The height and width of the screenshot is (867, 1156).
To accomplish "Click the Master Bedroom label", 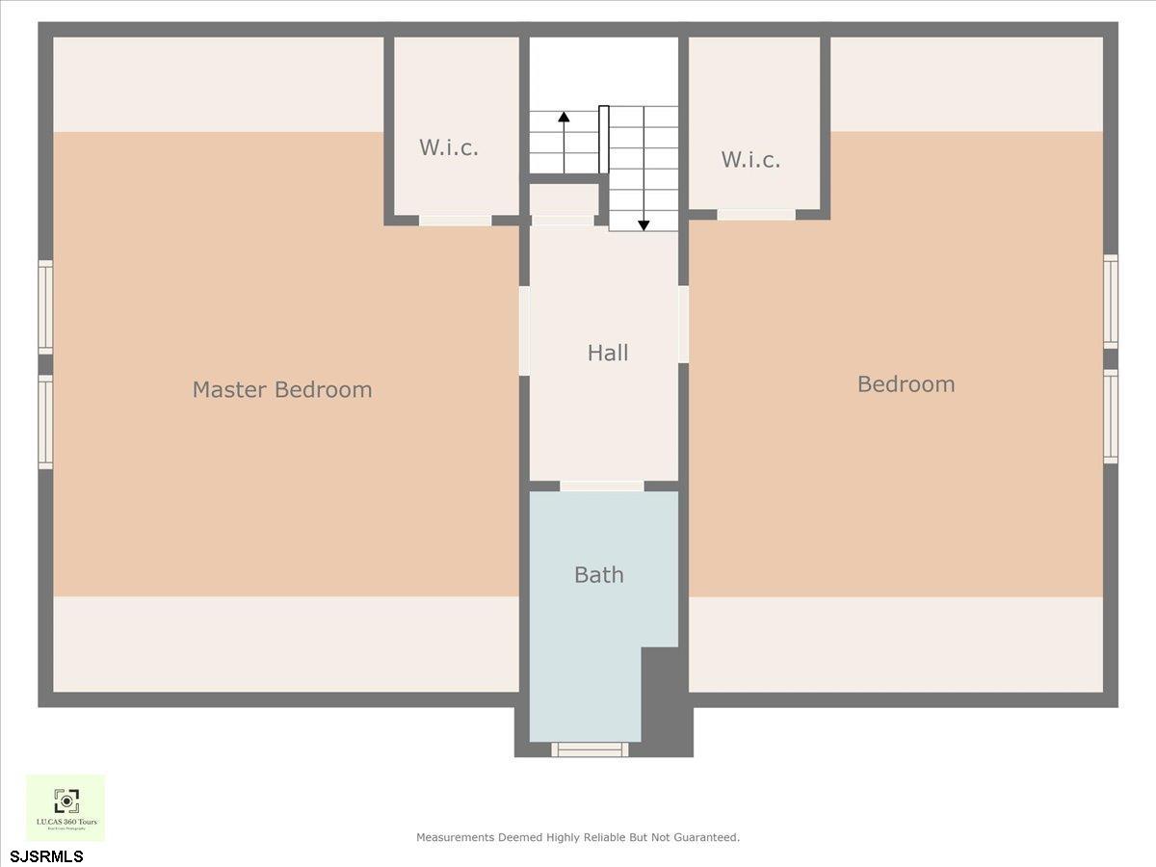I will (x=281, y=389).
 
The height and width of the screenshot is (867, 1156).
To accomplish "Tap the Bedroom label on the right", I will (x=906, y=383).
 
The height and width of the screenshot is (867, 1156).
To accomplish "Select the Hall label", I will (x=608, y=353).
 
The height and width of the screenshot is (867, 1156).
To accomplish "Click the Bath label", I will (x=598, y=574).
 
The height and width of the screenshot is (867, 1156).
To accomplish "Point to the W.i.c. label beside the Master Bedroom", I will (x=448, y=147).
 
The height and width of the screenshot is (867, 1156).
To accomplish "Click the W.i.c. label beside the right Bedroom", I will (x=750, y=159).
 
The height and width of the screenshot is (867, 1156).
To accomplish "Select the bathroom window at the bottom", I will (x=590, y=749).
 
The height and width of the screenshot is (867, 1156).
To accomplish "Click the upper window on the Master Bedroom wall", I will (x=45, y=305).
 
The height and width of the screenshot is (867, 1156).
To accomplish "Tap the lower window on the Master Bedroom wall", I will (x=45, y=422).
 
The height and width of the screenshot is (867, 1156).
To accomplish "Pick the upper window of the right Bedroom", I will (x=1111, y=302).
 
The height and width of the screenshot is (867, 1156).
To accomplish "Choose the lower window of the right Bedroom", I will (x=1111, y=416).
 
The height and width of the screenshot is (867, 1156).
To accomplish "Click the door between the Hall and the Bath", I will (x=602, y=486).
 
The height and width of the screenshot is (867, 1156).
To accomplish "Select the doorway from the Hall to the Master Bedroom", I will (x=524, y=330).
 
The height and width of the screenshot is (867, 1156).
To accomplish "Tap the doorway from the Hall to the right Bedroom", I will (x=683, y=324).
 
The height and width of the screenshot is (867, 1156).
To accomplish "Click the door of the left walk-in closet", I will (x=455, y=221).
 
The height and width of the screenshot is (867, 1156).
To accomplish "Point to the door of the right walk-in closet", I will (x=756, y=214).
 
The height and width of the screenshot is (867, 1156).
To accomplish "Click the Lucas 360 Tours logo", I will (x=66, y=807).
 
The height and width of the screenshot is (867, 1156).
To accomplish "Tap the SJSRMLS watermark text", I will (x=46, y=855).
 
